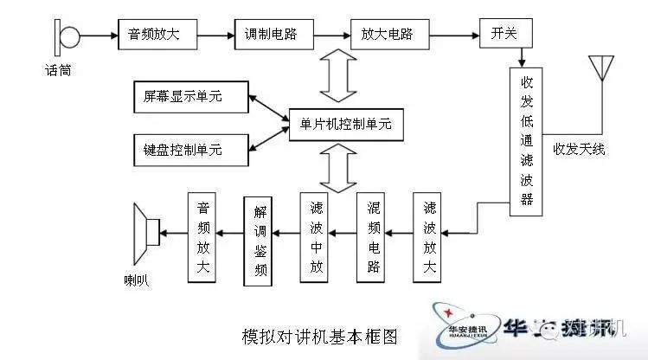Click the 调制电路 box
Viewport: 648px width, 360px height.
click(x=270, y=35)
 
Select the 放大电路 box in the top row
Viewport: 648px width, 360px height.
click(x=382, y=35)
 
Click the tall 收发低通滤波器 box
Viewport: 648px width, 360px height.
click(x=526, y=138)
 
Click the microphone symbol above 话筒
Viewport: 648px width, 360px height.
click(x=67, y=36)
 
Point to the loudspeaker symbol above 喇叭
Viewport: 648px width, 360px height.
click(x=148, y=232)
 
